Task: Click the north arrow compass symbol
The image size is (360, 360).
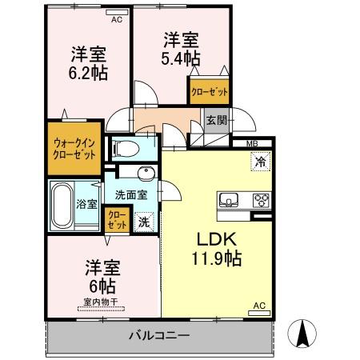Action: (x=302, y=334)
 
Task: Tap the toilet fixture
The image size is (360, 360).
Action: (x=126, y=149)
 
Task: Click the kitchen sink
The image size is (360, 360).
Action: (x=229, y=200)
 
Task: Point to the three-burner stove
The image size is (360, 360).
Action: (x=262, y=200)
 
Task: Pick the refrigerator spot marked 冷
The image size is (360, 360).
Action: (x=261, y=162)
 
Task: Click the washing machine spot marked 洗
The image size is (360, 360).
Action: (x=144, y=222)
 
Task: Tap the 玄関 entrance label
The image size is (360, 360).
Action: (x=217, y=121)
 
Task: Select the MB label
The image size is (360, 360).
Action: (x=252, y=144)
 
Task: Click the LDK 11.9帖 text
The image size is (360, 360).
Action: (x=217, y=249)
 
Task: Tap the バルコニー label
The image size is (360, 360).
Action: (x=159, y=335)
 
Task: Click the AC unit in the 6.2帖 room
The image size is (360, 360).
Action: (x=117, y=13)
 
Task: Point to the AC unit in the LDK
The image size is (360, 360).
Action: (x=259, y=313)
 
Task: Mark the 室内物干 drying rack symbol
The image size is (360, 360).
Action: (x=101, y=309)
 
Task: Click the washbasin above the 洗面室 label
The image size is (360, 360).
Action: (x=146, y=173)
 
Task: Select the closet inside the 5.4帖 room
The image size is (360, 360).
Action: (x=210, y=91)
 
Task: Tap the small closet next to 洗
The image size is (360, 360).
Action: (x=117, y=220)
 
